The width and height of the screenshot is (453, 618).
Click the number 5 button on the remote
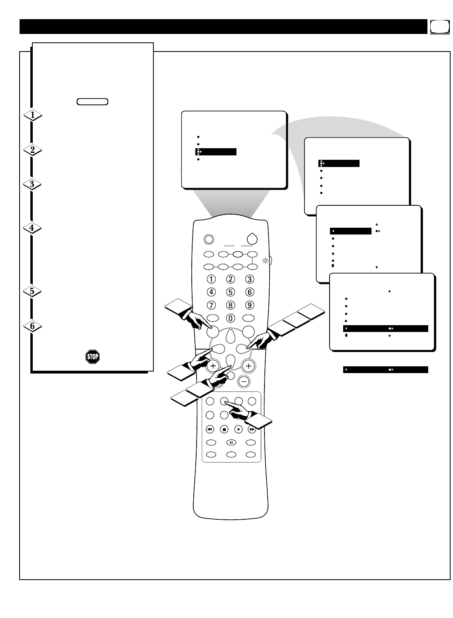coord(230,292)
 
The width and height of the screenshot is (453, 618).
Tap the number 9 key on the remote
coord(249,305)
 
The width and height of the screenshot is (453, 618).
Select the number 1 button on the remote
coord(211,279)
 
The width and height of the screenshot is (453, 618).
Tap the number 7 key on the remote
coord(211,305)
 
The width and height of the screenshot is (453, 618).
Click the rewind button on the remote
coord(210,429)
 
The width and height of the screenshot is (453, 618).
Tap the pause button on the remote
coord(231,443)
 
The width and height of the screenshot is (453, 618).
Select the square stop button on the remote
coord(224,429)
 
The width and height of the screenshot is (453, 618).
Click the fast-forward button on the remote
coord(252,429)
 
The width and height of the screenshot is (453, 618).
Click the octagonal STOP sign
coord(92,357)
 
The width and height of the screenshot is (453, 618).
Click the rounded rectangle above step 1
coord(92,101)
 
